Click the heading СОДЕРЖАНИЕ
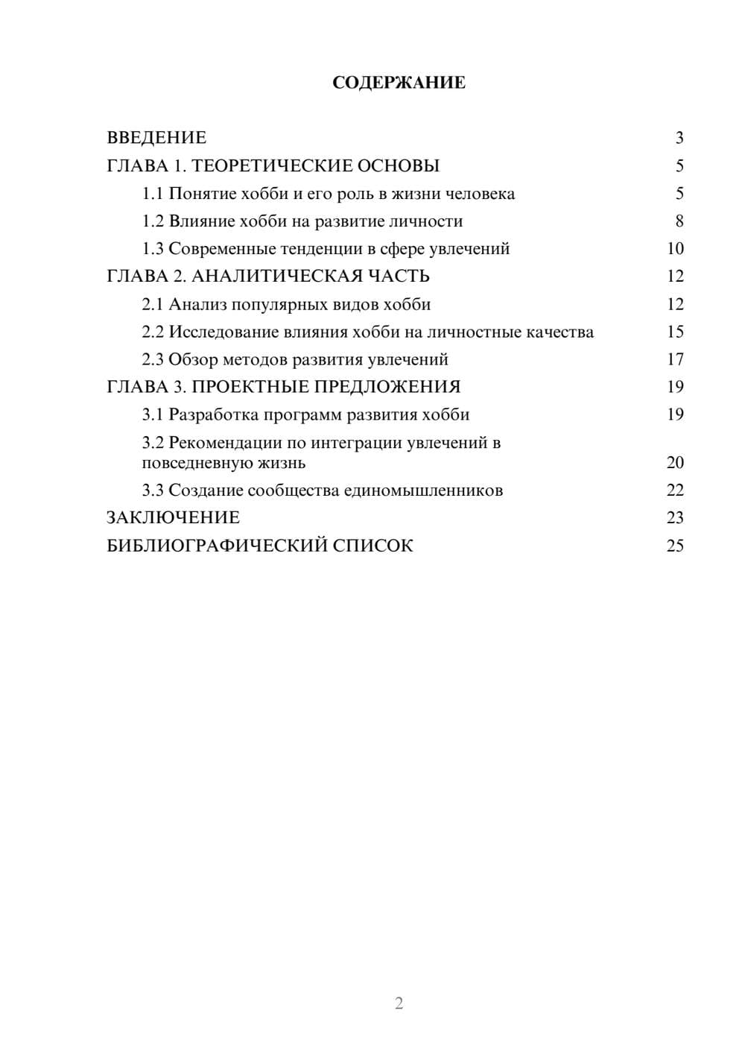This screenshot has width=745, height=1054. (399, 83)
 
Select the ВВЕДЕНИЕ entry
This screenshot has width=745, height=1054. (156, 138)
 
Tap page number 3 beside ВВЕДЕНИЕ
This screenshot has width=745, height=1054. (679, 138)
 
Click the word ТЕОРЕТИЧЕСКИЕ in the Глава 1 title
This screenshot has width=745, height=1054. (272, 165)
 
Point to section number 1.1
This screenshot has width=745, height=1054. (153, 194)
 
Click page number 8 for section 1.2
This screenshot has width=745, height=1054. (679, 221)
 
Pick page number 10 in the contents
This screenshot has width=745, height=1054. (675, 249)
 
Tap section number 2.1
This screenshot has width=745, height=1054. (153, 305)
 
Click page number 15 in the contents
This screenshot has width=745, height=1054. (675, 332)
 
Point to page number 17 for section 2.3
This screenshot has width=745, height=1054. (675, 360)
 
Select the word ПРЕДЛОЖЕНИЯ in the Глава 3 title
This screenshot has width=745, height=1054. (387, 388)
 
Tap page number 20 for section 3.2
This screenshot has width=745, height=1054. (675, 463)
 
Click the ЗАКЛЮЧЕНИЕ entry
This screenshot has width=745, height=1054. (173, 518)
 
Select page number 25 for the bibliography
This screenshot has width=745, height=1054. (675, 546)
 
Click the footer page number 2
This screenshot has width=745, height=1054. (399, 1003)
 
